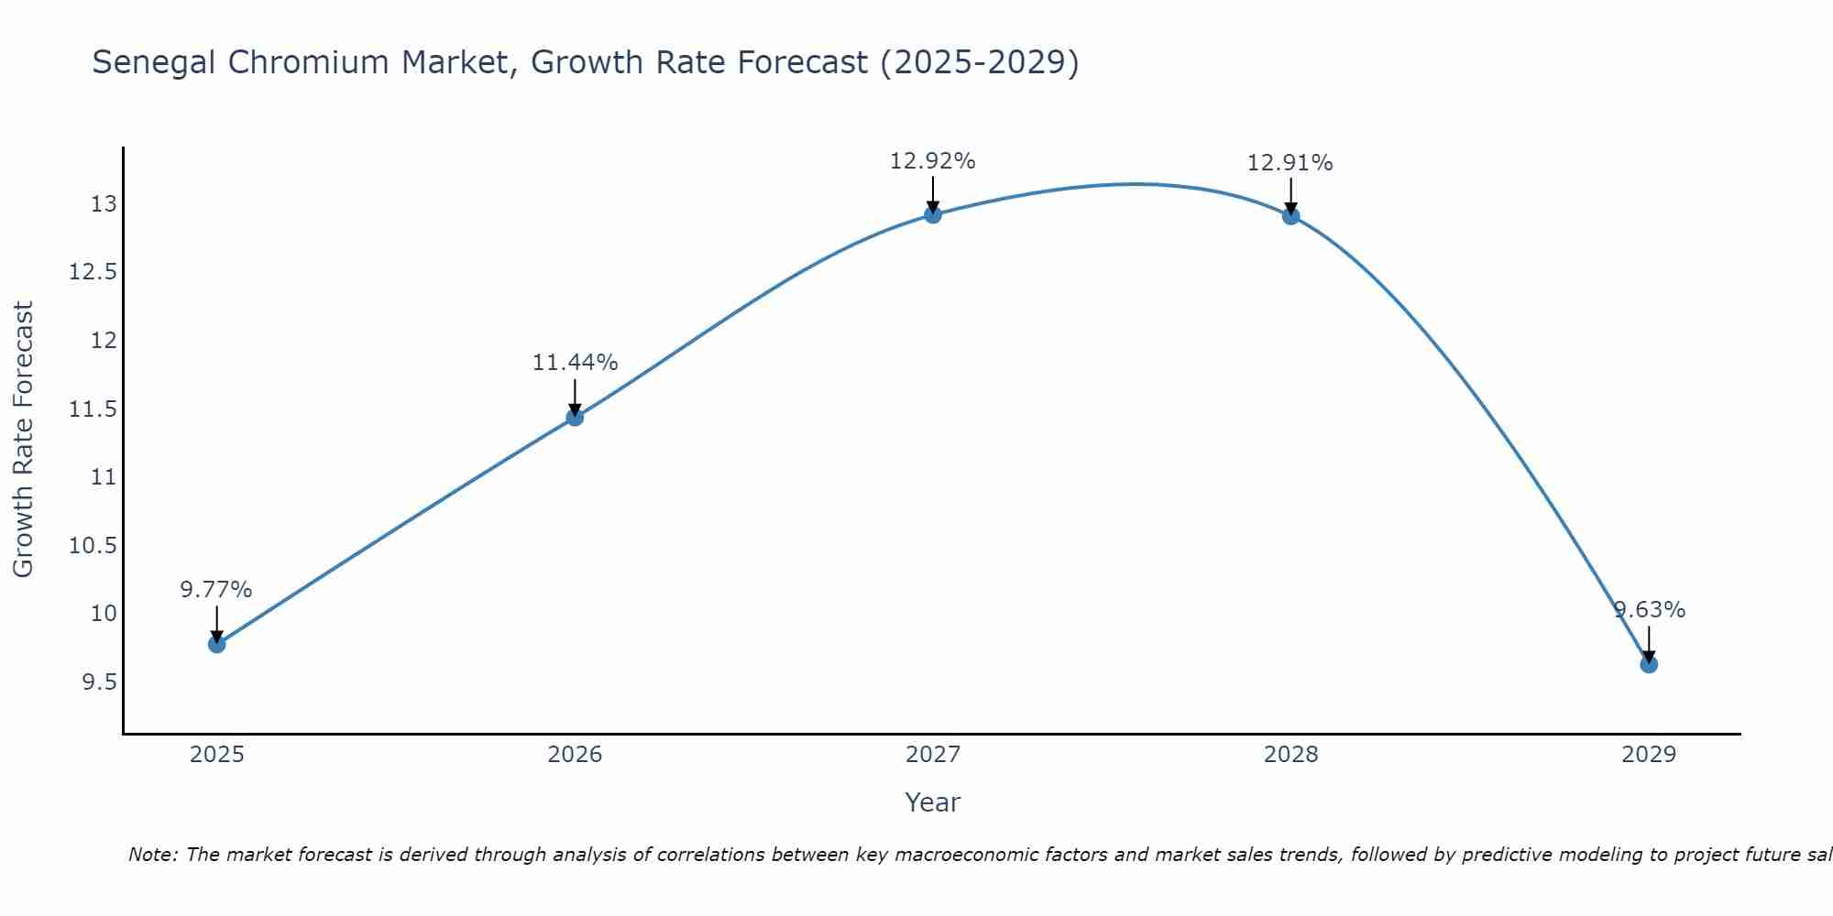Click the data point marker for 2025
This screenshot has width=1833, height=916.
pyautogui.click(x=216, y=644)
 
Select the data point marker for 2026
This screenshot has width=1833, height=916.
pyautogui.click(x=575, y=418)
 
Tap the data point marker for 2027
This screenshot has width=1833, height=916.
pyautogui.click(x=933, y=214)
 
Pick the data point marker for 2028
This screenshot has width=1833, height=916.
pyautogui.click(x=1290, y=216)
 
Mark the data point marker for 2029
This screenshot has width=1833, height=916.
pyautogui.click(x=1649, y=664)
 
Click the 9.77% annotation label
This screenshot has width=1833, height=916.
pyautogui.click(x=216, y=589)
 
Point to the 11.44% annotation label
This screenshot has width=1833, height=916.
pyautogui.click(x=575, y=362)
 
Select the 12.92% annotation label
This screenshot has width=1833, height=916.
pyautogui.click(x=933, y=160)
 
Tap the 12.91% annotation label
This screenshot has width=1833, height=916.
pyautogui.click(x=1290, y=162)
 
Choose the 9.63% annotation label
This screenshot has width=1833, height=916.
pyautogui.click(x=1649, y=609)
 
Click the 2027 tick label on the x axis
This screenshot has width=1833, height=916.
pyautogui.click(x=933, y=755)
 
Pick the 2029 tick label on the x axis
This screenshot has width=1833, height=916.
pyautogui.click(x=1649, y=755)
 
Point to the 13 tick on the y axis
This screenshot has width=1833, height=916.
pyautogui.click(x=104, y=203)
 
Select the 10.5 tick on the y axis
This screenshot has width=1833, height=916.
pyautogui.click(x=93, y=546)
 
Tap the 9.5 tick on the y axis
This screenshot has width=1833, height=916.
pyautogui.click(x=99, y=682)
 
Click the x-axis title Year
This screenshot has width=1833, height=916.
pyautogui.click(x=933, y=802)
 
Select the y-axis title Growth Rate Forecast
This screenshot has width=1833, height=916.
pyautogui.click(x=23, y=439)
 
